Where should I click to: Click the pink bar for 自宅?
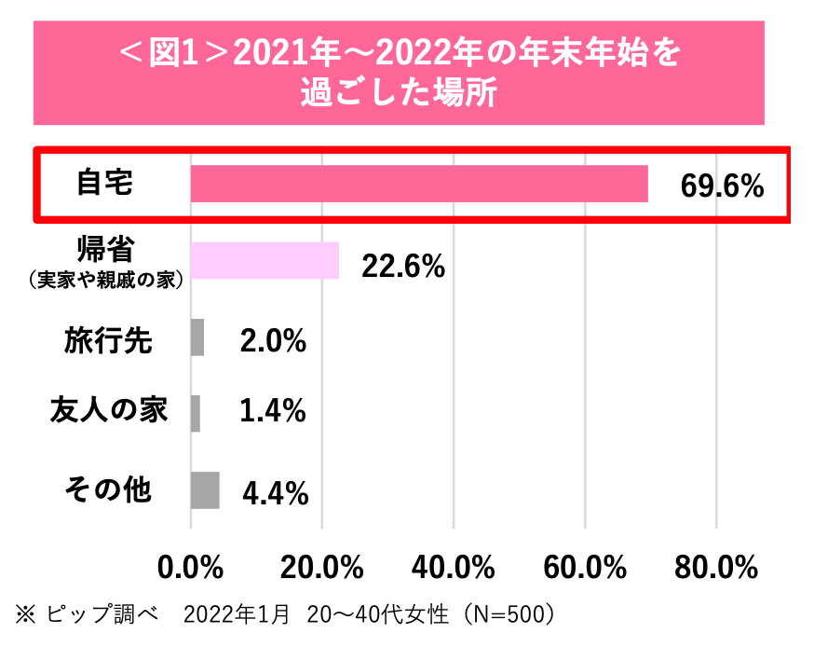419,183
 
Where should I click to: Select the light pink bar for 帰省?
265,260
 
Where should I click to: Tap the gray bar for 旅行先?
197,337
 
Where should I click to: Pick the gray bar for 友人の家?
195,413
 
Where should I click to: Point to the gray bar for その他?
205,489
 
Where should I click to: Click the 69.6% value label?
722,186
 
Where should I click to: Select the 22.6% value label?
403,267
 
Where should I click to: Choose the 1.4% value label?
273,411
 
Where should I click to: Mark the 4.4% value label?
275,493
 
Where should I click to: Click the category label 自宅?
104,182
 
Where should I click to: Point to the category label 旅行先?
108,339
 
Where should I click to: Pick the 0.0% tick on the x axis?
190,566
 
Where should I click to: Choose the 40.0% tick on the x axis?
453,566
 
